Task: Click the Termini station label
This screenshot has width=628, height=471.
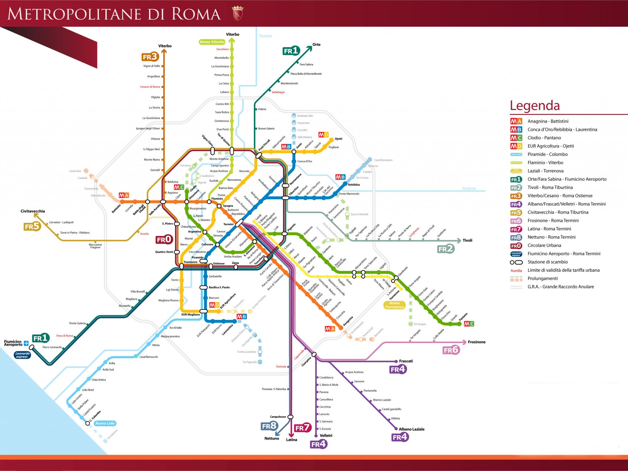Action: pyautogui.click(x=228, y=224)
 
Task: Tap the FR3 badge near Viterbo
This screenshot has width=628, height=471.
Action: pyautogui.click(x=150, y=57)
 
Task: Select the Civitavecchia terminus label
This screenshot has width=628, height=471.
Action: pyautogui.click(x=33, y=211)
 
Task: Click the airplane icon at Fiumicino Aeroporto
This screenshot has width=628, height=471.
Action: pyautogui.click(x=26, y=344)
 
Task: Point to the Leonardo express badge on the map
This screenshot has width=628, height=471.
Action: pyautogui.click(x=22, y=355)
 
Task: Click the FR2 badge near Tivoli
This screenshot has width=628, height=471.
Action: pyautogui.click(x=446, y=249)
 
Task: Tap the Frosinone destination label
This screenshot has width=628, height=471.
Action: pyautogui.click(x=477, y=342)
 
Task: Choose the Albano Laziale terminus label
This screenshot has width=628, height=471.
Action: pyautogui.click(x=412, y=429)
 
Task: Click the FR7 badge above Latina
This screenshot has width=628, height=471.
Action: pyautogui.click(x=302, y=428)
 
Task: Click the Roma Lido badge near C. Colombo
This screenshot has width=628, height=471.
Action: pyautogui.click(x=105, y=424)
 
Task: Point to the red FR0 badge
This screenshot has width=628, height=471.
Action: pyautogui.click(x=164, y=240)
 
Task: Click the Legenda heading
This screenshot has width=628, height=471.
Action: pyautogui.click(x=534, y=105)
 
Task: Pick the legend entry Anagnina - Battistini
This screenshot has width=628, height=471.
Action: pyautogui.click(x=548, y=121)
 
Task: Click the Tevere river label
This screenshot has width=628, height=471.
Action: pyautogui.click(x=265, y=36)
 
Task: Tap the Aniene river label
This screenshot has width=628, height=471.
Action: pyautogui.click(x=469, y=188)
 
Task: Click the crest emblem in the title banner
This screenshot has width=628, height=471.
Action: pyautogui.click(x=237, y=13)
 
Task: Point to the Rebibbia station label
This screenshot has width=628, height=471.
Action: pyautogui.click(x=354, y=185)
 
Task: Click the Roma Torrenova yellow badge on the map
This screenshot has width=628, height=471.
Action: pyautogui.click(x=394, y=305)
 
